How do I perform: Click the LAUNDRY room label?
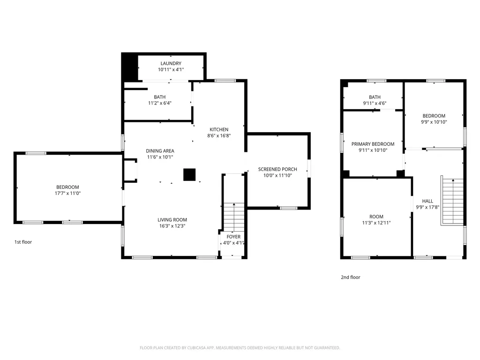click(x=171, y=63)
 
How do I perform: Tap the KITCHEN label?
click(x=219, y=129)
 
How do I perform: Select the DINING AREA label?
click(x=160, y=151)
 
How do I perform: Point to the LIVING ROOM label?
click(x=172, y=220)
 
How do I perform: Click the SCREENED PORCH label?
click(x=277, y=169)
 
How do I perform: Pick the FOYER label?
click(x=233, y=237)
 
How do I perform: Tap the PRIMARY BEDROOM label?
click(x=373, y=144)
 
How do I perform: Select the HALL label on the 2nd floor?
click(x=427, y=201)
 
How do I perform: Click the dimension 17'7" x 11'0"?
click(x=67, y=193)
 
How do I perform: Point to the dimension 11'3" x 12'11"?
click(x=376, y=223)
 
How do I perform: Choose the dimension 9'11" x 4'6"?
click(x=375, y=103)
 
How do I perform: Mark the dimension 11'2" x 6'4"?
click(x=160, y=103)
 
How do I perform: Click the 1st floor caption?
click(x=23, y=242)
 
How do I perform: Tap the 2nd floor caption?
click(x=351, y=277)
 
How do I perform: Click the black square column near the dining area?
click(x=189, y=175)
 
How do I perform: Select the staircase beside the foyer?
click(x=234, y=217)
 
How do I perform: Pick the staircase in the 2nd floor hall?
click(x=452, y=201)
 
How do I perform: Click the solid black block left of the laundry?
click(x=130, y=67)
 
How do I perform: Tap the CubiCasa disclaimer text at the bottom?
click(x=240, y=348)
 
